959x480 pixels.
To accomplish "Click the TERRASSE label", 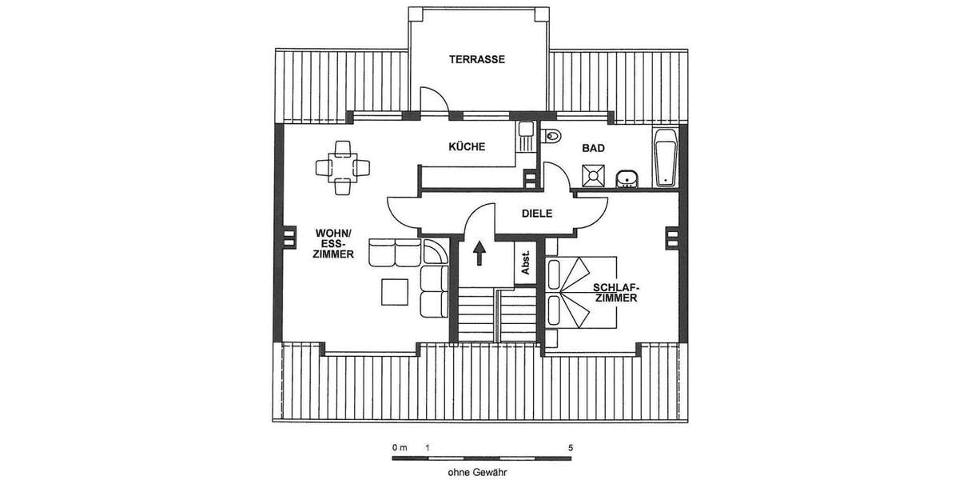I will point(477,59).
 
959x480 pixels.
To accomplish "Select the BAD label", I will point(593,148).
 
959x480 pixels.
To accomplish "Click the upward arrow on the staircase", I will point(479,254).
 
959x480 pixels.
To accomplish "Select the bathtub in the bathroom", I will point(665,158).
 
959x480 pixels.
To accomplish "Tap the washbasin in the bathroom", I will point(627,177).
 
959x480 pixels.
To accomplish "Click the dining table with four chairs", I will point(343,167).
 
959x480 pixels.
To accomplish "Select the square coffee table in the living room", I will point(396,290).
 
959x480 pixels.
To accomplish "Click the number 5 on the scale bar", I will point(570,447).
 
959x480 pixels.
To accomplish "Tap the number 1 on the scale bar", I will point(428,447).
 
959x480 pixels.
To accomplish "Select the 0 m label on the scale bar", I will point(399,447).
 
